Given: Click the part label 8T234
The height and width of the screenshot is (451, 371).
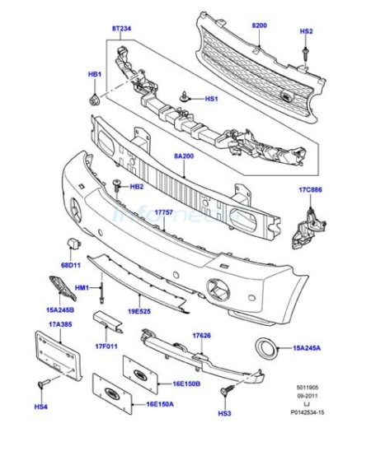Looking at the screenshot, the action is (121, 29).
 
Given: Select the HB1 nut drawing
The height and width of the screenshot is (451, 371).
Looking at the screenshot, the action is (94, 100).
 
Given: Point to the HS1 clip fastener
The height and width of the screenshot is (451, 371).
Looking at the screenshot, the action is (184, 97).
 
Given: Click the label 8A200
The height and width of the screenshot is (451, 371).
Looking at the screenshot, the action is (184, 156).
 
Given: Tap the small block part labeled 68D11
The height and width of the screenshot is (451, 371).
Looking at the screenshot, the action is (74, 244).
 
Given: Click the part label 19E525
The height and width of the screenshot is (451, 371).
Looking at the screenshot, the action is (139, 311).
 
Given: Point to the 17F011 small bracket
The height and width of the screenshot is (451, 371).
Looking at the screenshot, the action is (107, 321).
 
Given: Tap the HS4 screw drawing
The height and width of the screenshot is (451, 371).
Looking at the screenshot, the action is (44, 384).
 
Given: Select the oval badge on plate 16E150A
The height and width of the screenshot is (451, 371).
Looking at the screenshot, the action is (111, 393).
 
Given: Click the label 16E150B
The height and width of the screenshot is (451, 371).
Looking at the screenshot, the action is (186, 384).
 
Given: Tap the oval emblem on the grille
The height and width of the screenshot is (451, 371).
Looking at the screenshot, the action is (286, 96).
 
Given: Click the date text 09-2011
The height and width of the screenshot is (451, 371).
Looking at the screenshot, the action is (308, 396).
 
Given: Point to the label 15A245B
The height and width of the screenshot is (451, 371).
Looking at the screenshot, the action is (60, 309).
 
